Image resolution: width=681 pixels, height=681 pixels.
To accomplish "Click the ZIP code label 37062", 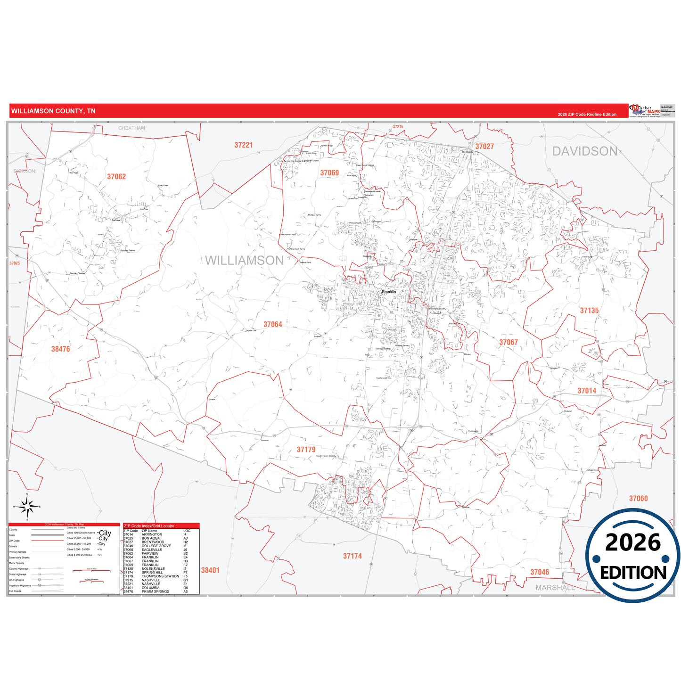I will (x=116, y=177).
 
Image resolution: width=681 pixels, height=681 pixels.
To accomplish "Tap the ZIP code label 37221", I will (x=244, y=145).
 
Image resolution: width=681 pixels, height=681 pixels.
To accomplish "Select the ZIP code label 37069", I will (x=329, y=173).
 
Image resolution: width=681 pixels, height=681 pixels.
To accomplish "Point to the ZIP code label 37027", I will (x=484, y=147).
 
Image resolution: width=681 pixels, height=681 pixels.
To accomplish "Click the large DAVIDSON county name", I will (x=585, y=151).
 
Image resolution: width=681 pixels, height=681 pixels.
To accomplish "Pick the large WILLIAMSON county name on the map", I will (x=244, y=261).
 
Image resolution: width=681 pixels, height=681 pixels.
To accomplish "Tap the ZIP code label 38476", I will (x=60, y=349).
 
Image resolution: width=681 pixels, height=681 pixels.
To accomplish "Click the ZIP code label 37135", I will (x=589, y=311).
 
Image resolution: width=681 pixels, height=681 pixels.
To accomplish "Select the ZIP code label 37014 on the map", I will (x=587, y=391).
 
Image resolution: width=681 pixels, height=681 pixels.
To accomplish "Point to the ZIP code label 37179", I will (x=306, y=450).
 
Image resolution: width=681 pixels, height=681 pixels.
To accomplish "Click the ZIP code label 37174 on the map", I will (x=353, y=556).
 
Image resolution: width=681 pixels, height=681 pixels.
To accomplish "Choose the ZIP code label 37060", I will (x=638, y=499).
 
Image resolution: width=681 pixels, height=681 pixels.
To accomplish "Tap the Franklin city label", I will (x=389, y=292).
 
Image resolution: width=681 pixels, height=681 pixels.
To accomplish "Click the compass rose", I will (x=27, y=507).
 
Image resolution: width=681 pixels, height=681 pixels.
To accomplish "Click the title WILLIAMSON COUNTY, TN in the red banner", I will (x=53, y=111).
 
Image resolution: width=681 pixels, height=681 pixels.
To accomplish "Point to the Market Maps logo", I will (x=645, y=111).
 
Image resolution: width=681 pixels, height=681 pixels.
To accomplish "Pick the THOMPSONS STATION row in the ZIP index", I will (x=160, y=576).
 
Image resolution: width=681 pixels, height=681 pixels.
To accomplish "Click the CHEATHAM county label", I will (x=131, y=128).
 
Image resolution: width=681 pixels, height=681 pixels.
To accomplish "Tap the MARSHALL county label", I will (x=555, y=588).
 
